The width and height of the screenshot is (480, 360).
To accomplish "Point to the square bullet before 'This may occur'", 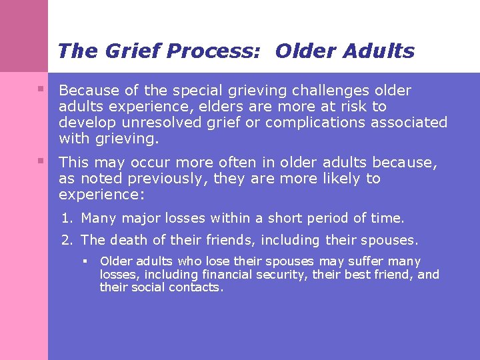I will click(41, 161).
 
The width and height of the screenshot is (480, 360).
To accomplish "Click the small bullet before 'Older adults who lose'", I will click(86, 261).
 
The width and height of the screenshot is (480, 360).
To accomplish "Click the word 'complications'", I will click(295, 123).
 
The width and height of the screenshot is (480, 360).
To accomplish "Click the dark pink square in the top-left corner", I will click(24, 36).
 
